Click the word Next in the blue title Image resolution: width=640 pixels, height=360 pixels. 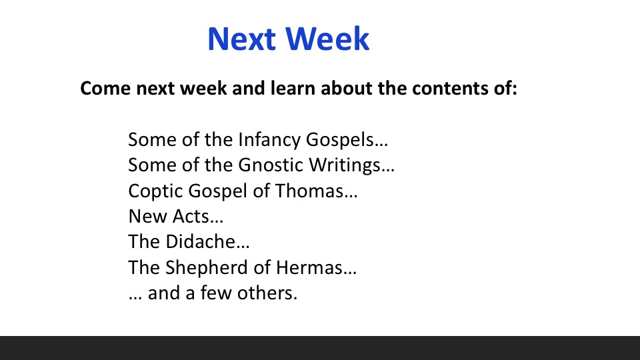pos(241,39)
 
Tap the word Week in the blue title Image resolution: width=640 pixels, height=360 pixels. pos(327,39)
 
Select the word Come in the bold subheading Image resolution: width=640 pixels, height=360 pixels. pos(105,88)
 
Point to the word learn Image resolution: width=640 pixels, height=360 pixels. pos(293,88)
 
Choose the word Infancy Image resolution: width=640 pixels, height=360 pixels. pos(269,140)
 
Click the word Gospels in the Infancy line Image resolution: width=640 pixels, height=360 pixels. pos(340,140)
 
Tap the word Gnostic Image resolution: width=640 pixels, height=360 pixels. pos(271,165)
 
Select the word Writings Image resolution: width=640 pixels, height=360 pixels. pos(345,165)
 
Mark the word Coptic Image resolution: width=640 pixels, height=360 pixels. pos(155,191)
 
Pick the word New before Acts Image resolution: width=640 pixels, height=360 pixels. pos(148,216)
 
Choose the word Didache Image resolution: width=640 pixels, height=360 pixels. pos(201,241)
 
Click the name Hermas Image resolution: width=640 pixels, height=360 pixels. pos(309,268)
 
